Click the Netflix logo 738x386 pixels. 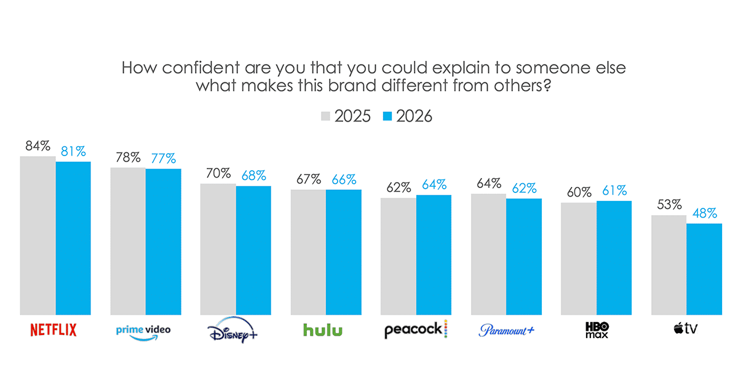54,330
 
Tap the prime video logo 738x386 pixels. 143,331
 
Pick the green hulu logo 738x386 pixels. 323,330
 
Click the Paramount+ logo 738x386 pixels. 507,331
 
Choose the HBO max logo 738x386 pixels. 596,330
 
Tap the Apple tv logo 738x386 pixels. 686,329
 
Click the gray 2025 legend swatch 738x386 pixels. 326,116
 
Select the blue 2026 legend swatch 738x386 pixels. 387,116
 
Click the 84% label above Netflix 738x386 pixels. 38,146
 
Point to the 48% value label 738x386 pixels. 704,214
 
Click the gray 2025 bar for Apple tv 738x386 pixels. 669,265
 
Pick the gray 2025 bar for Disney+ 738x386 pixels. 218,249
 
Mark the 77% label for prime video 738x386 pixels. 164,159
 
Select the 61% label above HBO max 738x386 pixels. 614,191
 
